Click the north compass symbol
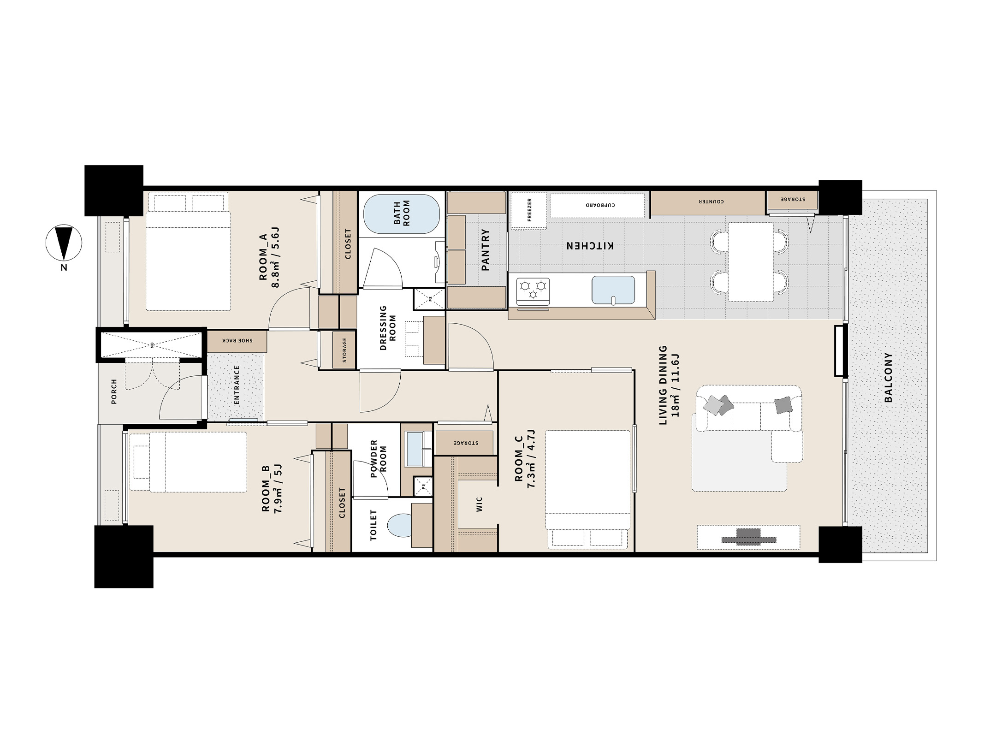pos(64,243)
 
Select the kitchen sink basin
pos(613,290)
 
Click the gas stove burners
pos(533,290)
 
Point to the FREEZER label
pos(529,210)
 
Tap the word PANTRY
pos(485,249)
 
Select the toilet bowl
pos(400,526)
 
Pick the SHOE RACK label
pos(237,340)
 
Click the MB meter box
pos(151,344)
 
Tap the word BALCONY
pos(888,378)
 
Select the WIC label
pos(479,504)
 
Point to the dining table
pos(750,262)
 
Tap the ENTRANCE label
pos(237,385)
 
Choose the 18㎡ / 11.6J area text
pos(676,385)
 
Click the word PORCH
pos(114,391)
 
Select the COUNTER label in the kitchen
pos(711,202)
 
